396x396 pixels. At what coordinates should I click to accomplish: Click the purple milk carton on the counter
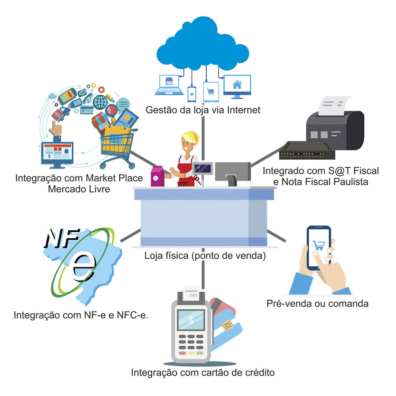pyautogui.click(x=157, y=177)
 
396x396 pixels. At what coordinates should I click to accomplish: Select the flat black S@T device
pyautogui.click(x=307, y=151)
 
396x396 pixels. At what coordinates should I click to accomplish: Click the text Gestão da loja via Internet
pyautogui.click(x=203, y=110)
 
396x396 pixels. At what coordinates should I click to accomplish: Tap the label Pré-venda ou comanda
pyautogui.click(x=317, y=303)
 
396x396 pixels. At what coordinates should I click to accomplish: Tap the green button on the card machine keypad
pyautogui.click(x=200, y=353)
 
